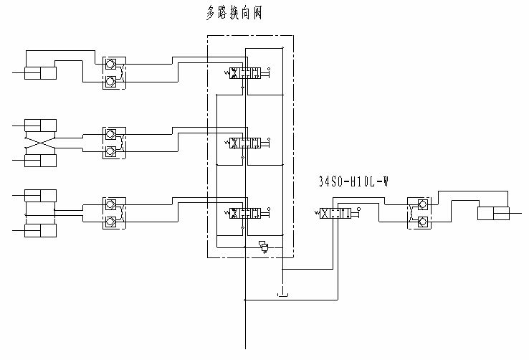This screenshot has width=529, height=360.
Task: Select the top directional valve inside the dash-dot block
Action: coord(248,73)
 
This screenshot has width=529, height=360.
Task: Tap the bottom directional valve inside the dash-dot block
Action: coord(248,213)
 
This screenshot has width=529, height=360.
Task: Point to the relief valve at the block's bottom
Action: coord(264,247)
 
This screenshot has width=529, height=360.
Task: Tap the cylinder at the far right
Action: coord(493,213)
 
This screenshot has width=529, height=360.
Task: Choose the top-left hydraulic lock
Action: coord(113,73)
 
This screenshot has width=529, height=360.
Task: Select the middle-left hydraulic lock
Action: coord(113,143)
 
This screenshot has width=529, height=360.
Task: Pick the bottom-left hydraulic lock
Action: coord(113,213)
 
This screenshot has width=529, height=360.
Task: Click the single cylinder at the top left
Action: coord(40,73)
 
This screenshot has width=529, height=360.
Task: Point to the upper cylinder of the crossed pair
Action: coord(40,124)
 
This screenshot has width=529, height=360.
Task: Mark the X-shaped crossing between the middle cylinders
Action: coord(40,142)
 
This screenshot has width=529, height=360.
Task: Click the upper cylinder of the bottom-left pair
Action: coord(40,195)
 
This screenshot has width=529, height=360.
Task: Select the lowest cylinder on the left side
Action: coord(40,230)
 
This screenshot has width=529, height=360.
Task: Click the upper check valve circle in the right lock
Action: coord(422,204)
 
